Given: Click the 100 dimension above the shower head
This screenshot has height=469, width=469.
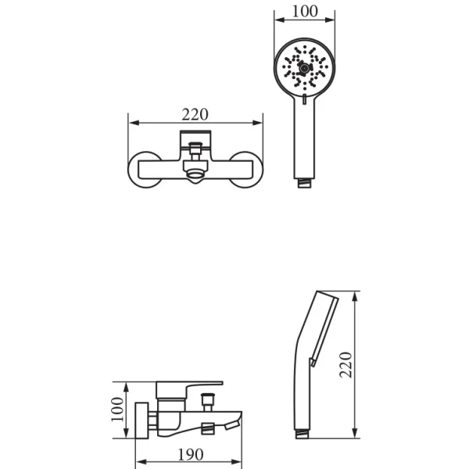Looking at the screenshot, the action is (305, 12).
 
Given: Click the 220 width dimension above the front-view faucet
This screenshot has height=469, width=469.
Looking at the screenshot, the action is (195, 115).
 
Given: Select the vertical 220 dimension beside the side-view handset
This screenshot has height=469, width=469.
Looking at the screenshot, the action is (345, 364).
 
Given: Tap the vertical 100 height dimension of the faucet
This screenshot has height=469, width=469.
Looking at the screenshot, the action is (117, 409).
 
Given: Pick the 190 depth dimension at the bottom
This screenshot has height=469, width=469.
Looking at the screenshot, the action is (191, 455).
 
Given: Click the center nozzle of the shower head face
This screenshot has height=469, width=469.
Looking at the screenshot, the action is (304, 69).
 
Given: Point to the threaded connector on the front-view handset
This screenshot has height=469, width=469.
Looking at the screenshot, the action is (304, 183).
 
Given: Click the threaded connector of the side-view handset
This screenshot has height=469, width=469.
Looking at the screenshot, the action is (302, 434).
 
